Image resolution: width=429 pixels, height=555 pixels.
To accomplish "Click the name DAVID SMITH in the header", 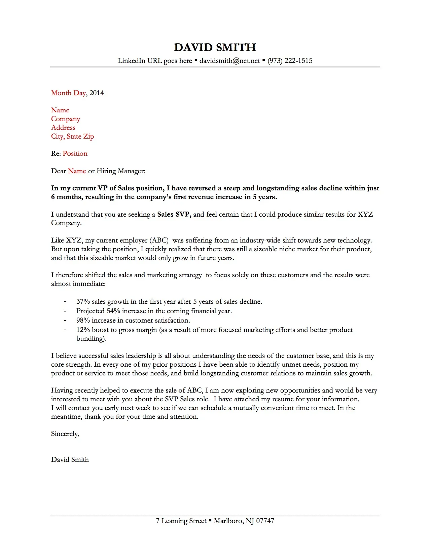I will (x=215, y=47).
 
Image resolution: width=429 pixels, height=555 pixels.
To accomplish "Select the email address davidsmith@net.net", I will (x=229, y=61).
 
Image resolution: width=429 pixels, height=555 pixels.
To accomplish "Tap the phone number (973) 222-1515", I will (x=290, y=61).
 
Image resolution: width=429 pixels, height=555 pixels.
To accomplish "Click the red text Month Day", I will (x=68, y=93).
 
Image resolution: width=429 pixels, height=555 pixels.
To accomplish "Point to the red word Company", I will (x=66, y=119).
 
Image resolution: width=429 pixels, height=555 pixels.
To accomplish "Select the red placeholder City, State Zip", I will (x=72, y=137).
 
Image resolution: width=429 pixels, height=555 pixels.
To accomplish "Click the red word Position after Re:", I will (x=75, y=154).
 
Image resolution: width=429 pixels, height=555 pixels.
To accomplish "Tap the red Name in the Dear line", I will (x=77, y=171).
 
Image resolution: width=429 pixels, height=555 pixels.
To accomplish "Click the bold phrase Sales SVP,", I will (x=174, y=215).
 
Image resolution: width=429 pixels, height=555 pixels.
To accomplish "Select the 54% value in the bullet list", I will (x=113, y=311).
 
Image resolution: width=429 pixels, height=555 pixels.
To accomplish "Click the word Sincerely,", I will (x=65, y=434).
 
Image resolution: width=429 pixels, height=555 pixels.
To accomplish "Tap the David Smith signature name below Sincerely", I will (x=70, y=460).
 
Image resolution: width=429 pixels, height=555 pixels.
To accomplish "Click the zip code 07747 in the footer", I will (x=265, y=521).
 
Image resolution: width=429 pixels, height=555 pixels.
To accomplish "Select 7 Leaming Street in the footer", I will (x=181, y=521).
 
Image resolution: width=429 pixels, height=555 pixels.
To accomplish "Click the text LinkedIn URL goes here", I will (x=155, y=61).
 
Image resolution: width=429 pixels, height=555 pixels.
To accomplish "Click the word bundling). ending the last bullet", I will (x=91, y=339).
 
